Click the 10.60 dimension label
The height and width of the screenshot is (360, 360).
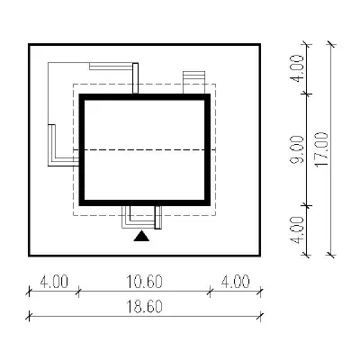pyautogui.click(x=144, y=282)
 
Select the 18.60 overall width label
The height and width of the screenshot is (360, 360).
pyautogui.click(x=144, y=306)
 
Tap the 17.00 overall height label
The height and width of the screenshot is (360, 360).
pyautogui.click(x=322, y=149)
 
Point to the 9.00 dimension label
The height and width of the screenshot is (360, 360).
pyautogui.click(x=297, y=149)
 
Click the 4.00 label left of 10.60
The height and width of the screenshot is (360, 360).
pyautogui.click(x=54, y=282)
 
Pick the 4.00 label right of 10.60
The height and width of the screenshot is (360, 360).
pyautogui.click(x=235, y=282)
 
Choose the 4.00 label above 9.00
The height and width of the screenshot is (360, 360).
pyautogui.click(x=297, y=68)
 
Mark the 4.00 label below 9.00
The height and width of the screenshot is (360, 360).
pyautogui.click(x=297, y=230)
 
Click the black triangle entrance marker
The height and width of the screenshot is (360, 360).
pyautogui.click(x=141, y=237)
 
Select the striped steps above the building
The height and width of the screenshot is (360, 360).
pyautogui.click(x=194, y=83)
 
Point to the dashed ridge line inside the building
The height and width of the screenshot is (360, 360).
pyautogui.click(x=145, y=149)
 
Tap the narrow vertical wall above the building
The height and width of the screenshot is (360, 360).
pyautogui.click(x=135, y=78)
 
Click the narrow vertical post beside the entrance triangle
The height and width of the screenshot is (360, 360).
pyautogui.click(x=157, y=217)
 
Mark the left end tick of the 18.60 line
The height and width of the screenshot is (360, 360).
pyautogui.click(x=29, y=316)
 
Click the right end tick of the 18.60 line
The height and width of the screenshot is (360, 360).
pyautogui.click(x=261, y=316)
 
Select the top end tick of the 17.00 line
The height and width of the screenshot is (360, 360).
pyautogui.click(x=331, y=44)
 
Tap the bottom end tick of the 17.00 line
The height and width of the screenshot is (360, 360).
pyautogui.click(x=331, y=256)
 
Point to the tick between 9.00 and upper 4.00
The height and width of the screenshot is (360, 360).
pyautogui.click(x=306, y=94)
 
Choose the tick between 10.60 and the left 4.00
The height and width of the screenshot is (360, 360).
pyautogui.click(x=78, y=291)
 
